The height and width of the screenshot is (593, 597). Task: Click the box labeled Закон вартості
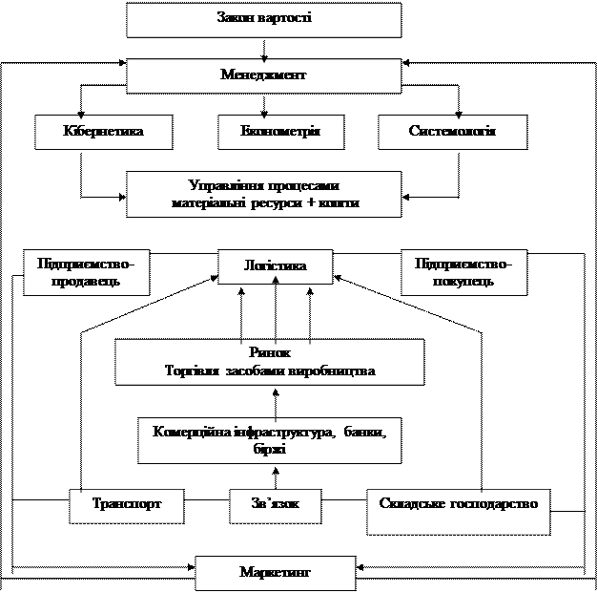click(x=263, y=19)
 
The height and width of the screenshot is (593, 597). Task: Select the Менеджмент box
click(x=263, y=74)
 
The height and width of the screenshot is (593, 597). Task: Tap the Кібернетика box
click(x=104, y=131)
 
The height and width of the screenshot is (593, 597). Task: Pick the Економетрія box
click(x=280, y=131)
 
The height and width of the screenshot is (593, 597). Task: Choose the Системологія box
click(x=452, y=131)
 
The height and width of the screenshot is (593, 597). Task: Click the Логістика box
click(x=276, y=266)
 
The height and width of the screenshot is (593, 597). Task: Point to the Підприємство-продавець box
click(x=86, y=272)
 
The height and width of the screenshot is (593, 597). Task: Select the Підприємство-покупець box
click(x=463, y=272)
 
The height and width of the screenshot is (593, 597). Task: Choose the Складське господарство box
click(x=459, y=503)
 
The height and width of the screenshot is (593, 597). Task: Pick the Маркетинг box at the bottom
click(x=275, y=573)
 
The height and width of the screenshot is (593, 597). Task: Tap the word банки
click(x=364, y=432)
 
